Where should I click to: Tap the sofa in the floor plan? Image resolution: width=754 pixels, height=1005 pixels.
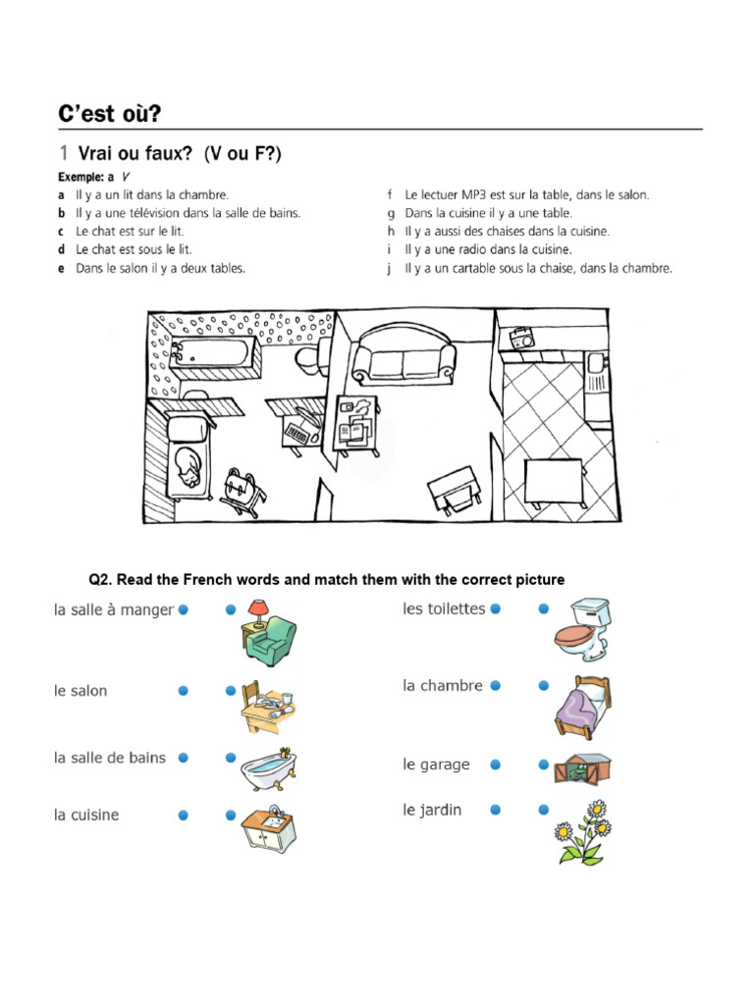(x=404, y=354)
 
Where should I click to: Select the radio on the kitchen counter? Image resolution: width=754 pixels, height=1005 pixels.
(x=519, y=340)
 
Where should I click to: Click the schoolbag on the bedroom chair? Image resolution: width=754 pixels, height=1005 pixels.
(x=242, y=487)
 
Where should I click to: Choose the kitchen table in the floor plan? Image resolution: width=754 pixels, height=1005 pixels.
(x=555, y=482)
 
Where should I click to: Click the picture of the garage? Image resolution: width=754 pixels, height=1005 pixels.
(x=581, y=767)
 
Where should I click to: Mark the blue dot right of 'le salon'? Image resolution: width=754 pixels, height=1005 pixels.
(x=184, y=691)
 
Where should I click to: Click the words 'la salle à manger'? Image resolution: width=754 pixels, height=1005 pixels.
(x=114, y=609)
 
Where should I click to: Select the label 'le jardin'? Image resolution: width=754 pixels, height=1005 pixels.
(x=432, y=810)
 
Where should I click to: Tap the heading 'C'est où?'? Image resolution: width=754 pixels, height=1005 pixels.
(x=108, y=114)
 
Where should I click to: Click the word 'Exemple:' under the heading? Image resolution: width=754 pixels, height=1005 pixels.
(x=80, y=177)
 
